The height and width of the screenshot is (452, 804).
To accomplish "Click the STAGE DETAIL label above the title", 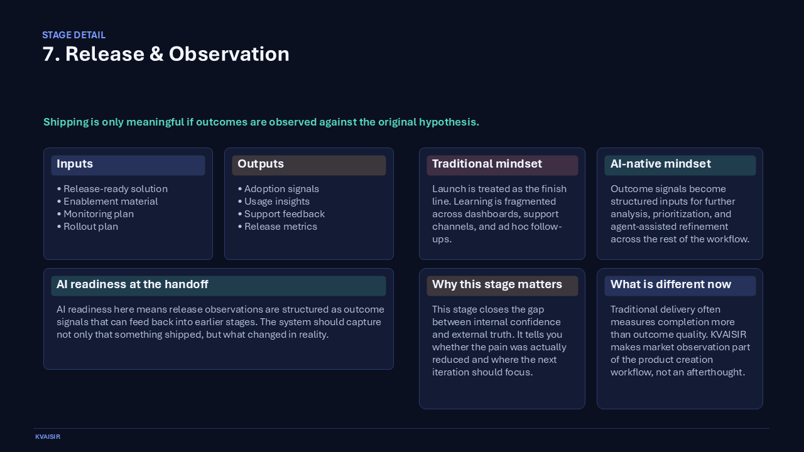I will (73, 35).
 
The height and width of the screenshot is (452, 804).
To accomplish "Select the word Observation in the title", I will (229, 55).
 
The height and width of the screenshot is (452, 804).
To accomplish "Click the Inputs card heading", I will (75, 164).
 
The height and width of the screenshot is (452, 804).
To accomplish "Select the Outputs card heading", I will (261, 164).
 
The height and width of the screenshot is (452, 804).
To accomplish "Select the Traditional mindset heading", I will (487, 164).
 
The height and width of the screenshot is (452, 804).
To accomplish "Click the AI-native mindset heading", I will (660, 164).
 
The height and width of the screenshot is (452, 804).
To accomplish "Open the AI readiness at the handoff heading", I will (133, 285).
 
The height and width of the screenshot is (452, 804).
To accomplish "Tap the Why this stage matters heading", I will (497, 285).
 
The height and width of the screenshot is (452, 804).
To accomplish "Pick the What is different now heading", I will (670, 285).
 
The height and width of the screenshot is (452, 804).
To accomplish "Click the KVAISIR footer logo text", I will (48, 437).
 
